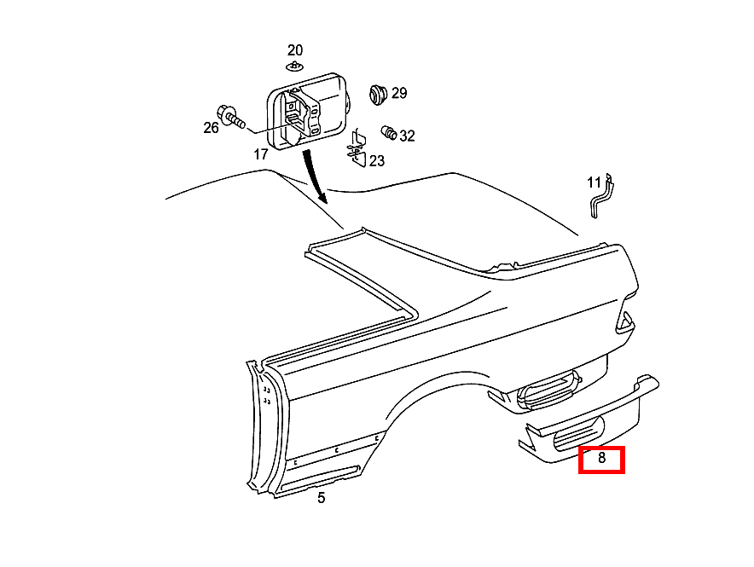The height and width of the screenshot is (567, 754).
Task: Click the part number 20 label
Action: point(295,50)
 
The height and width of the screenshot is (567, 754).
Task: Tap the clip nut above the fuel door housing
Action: point(294,66)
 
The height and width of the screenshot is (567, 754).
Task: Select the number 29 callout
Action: point(399,93)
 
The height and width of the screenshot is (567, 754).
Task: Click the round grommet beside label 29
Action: point(379,94)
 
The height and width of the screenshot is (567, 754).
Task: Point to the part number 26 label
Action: point(211,127)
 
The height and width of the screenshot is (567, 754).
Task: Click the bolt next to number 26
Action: point(231,117)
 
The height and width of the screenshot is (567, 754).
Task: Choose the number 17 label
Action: point(261,154)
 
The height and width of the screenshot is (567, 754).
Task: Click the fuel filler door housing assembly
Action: point(308,112)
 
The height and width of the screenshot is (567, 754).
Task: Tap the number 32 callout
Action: point(407,136)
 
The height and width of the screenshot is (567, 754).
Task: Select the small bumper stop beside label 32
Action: point(389,133)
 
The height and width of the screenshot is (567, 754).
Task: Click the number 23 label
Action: point(377,161)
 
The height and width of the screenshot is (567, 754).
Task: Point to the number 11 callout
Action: point(594,182)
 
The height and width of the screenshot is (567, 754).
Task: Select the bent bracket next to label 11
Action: point(601,196)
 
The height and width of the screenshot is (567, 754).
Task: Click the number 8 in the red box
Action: point(601,458)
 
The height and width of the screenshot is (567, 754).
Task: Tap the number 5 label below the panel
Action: point(322,498)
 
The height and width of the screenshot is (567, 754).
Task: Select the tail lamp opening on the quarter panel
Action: point(625,322)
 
